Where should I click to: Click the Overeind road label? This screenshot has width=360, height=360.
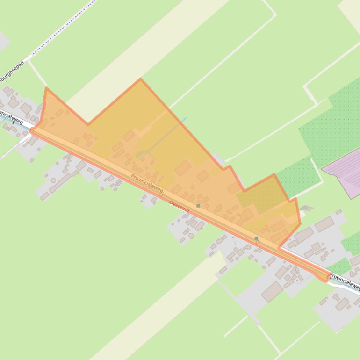pyautogui.click(x=180, y=207)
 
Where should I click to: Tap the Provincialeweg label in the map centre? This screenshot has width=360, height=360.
pyautogui.click(x=147, y=184)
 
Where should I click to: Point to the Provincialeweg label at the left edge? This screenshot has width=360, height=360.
pyautogui.click(x=11, y=117)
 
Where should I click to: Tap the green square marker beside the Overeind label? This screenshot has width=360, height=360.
pyautogui.click(x=198, y=206)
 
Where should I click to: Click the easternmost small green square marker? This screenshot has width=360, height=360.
pyautogui.click(x=256, y=238)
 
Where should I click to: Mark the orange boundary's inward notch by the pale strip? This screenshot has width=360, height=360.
pyautogui.click(x=87, y=124)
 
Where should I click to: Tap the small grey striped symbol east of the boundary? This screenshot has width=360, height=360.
pyautogui.click(x=306, y=208)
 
